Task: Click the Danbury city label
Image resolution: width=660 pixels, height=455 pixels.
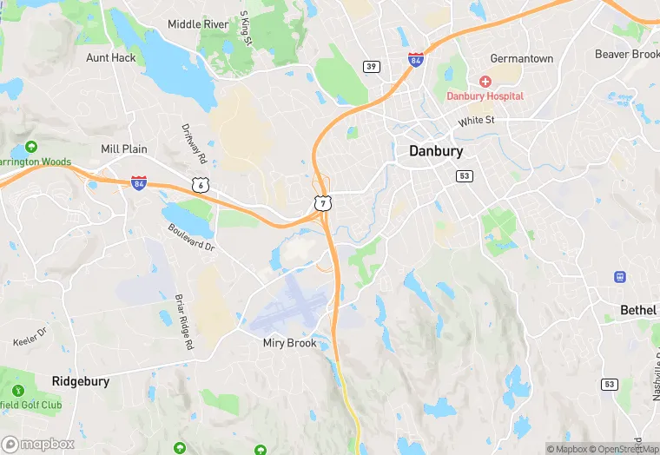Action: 435,151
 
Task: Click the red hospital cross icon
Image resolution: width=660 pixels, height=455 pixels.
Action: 485,81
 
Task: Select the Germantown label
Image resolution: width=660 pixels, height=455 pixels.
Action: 521,58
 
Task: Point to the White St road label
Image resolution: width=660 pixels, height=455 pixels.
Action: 476,121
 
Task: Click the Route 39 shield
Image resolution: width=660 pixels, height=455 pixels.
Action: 371,66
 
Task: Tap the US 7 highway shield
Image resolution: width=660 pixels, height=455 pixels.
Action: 322,202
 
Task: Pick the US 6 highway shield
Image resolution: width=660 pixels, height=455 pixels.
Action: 201,184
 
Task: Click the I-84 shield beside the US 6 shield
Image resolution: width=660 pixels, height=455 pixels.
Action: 139,182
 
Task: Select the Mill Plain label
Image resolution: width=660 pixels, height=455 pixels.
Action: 124,149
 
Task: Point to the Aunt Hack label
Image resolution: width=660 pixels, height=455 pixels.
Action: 111,57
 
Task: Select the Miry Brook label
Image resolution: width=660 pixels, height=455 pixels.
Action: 291,343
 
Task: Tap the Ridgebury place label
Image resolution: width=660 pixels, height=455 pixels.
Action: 80,380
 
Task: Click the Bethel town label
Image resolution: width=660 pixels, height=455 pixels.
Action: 638,310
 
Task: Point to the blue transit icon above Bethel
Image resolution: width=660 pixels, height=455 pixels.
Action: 620,277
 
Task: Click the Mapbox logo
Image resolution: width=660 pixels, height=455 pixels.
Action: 38,444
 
